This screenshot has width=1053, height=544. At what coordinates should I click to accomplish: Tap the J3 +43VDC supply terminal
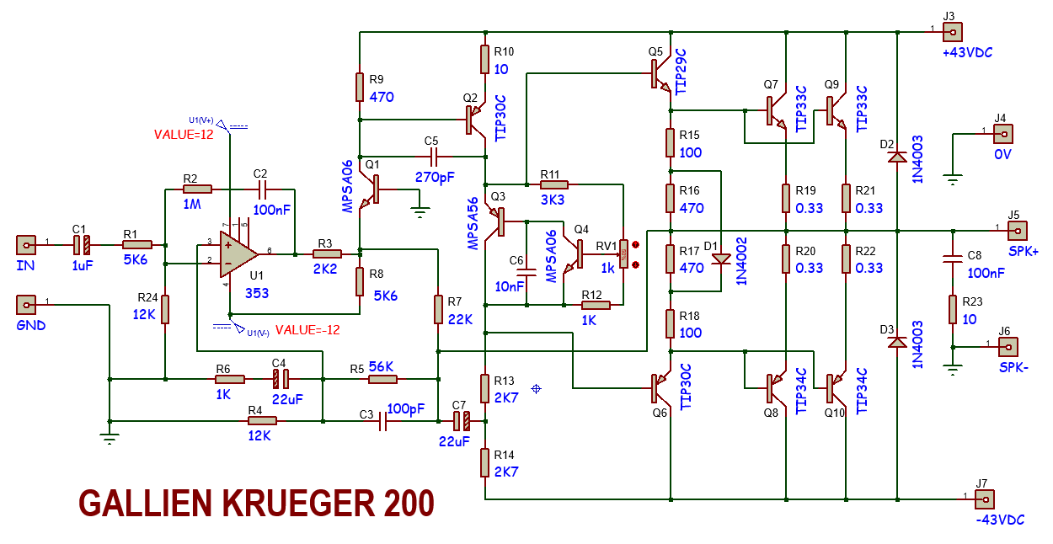click(x=953, y=33)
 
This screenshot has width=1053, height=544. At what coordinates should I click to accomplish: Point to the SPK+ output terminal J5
click(x=1017, y=230)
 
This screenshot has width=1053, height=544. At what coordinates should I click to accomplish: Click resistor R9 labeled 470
click(x=360, y=86)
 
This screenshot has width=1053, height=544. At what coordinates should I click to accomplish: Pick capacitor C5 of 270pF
click(x=434, y=157)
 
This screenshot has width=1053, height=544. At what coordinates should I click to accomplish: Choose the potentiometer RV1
click(x=624, y=253)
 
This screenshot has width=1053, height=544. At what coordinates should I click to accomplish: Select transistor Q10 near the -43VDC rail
click(x=834, y=387)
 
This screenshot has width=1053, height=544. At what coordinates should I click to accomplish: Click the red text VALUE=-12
click(x=307, y=330)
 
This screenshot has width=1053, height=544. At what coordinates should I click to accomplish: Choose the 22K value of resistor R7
click(x=460, y=319)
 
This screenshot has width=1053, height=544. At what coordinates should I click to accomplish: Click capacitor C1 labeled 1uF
click(x=81, y=245)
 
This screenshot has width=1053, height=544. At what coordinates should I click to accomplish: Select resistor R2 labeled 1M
click(x=197, y=189)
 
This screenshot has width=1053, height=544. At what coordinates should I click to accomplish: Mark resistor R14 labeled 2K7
click(x=486, y=462)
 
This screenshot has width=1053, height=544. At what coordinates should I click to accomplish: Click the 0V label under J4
click(x=1002, y=155)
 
